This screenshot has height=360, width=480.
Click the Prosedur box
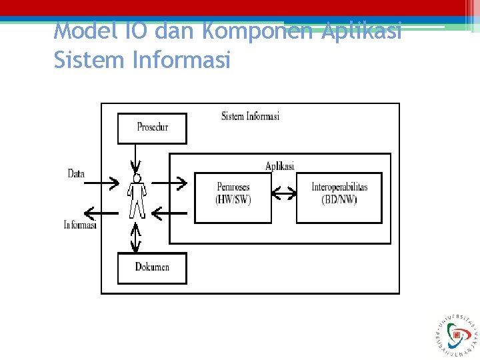tap(152, 128)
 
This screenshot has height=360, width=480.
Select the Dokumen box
tap(152, 268)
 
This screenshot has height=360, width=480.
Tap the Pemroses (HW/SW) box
tap(233, 197)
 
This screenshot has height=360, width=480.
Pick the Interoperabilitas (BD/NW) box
tap(339, 197)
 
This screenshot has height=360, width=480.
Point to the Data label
tap(76, 174)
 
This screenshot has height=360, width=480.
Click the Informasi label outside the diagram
tap(80, 225)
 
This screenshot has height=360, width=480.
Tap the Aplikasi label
tap(279, 166)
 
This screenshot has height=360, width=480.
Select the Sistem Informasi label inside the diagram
tap(250, 116)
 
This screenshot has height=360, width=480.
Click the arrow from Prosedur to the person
tap(136, 158)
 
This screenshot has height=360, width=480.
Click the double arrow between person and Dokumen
tap(136, 237)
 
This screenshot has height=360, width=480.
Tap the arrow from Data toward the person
tap(103, 181)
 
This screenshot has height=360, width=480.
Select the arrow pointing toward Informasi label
tap(102, 213)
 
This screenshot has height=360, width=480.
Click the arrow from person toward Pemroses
tap(170, 181)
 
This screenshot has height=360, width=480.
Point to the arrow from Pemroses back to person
tap(170, 213)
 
